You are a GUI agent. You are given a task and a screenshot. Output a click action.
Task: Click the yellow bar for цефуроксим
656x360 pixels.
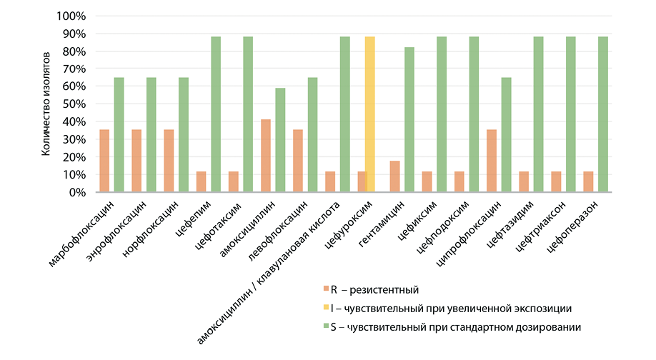pyautogui.click(x=369, y=114)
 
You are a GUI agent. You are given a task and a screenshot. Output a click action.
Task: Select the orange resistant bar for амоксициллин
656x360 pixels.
pyautogui.click(x=266, y=156)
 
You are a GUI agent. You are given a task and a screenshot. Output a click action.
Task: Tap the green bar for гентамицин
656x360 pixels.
pyautogui.click(x=409, y=119)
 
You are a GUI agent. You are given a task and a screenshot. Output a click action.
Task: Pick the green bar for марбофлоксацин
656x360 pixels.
pyautogui.click(x=119, y=134)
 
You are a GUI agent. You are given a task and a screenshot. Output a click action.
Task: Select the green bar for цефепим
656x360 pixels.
pyautogui.click(x=216, y=114)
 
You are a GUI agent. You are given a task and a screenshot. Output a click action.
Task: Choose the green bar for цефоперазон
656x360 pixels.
pyautogui.click(x=603, y=114)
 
